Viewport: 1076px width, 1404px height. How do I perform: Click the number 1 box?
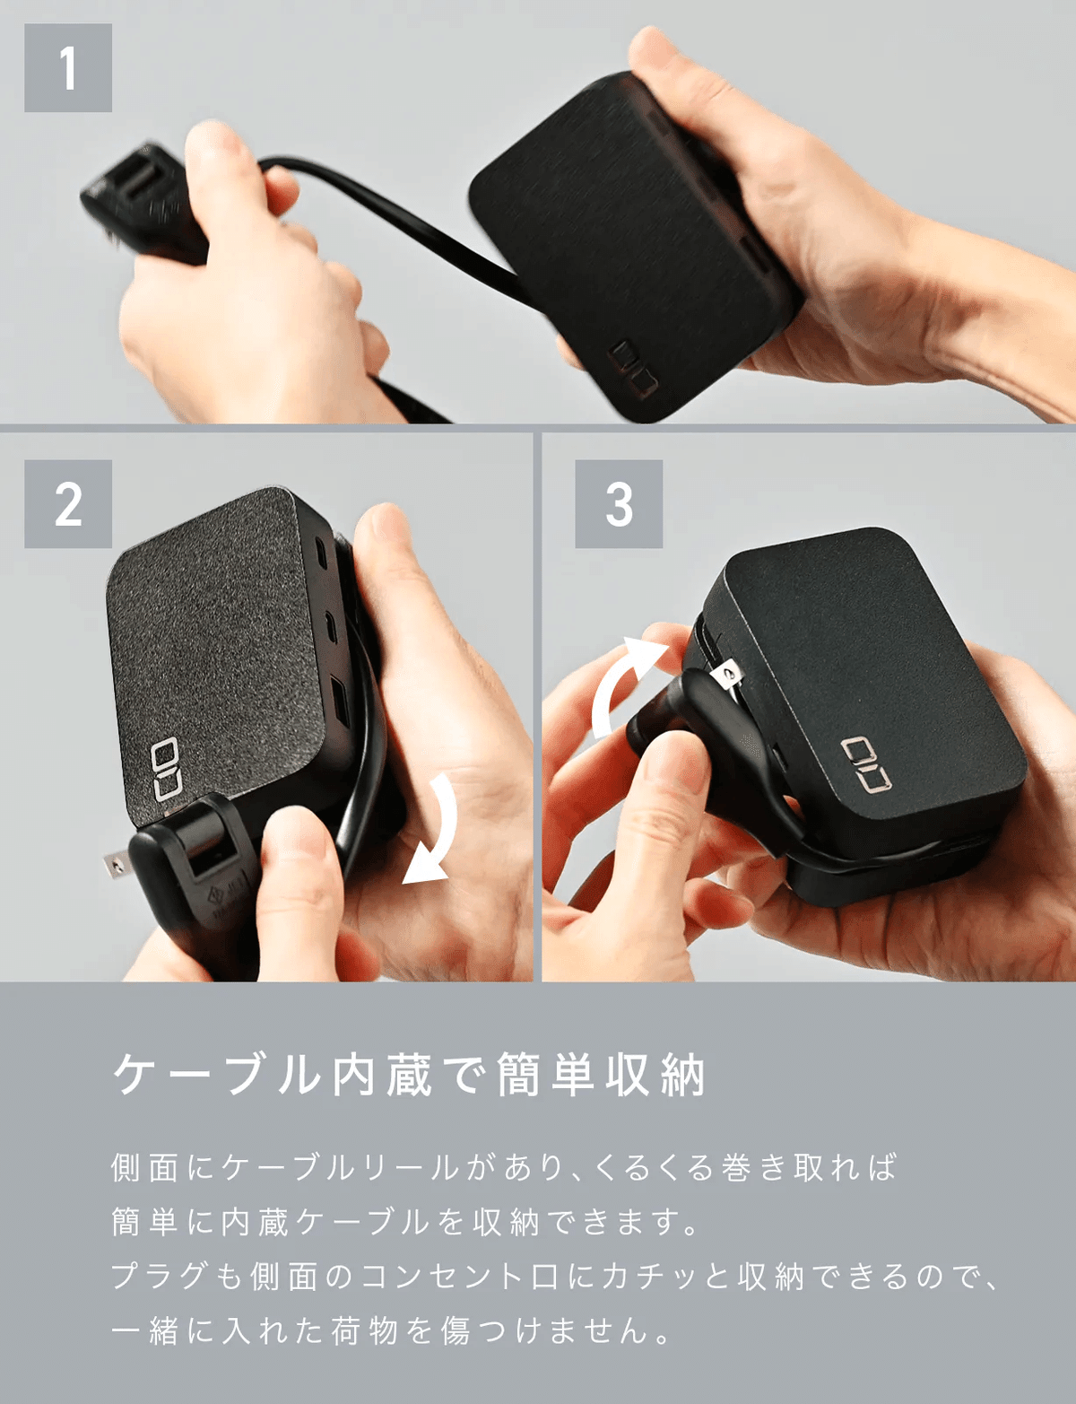(68, 68)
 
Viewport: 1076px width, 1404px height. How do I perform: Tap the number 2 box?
(68, 503)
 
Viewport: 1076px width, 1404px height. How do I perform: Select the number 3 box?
(619, 503)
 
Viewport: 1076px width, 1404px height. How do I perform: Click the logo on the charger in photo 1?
(633, 370)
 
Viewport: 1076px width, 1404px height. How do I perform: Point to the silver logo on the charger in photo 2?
(166, 770)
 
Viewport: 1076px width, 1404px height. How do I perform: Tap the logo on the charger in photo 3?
(866, 764)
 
